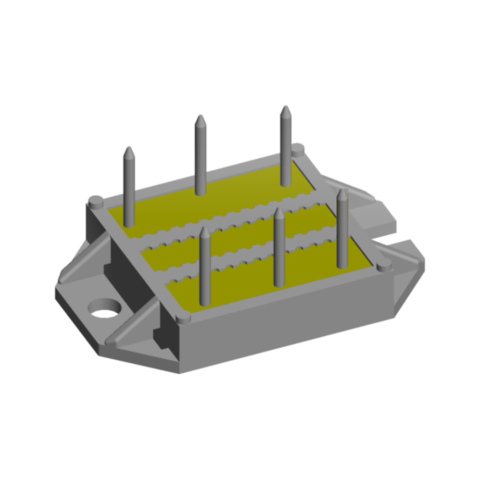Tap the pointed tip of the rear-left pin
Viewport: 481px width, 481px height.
click(x=128, y=150)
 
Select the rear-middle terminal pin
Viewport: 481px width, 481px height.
click(x=201, y=159)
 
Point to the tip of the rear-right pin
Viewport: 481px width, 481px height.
click(x=286, y=109)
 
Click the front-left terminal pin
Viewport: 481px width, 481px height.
click(x=205, y=269)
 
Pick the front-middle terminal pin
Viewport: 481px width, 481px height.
click(x=279, y=250)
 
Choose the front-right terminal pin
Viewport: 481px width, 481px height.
click(x=342, y=231)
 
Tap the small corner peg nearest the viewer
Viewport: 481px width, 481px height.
click(x=183, y=318)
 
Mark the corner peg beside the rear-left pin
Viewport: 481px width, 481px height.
click(x=95, y=200)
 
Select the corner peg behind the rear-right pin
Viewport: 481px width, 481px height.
click(x=298, y=149)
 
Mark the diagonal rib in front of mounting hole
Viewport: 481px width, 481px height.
click(x=130, y=327)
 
